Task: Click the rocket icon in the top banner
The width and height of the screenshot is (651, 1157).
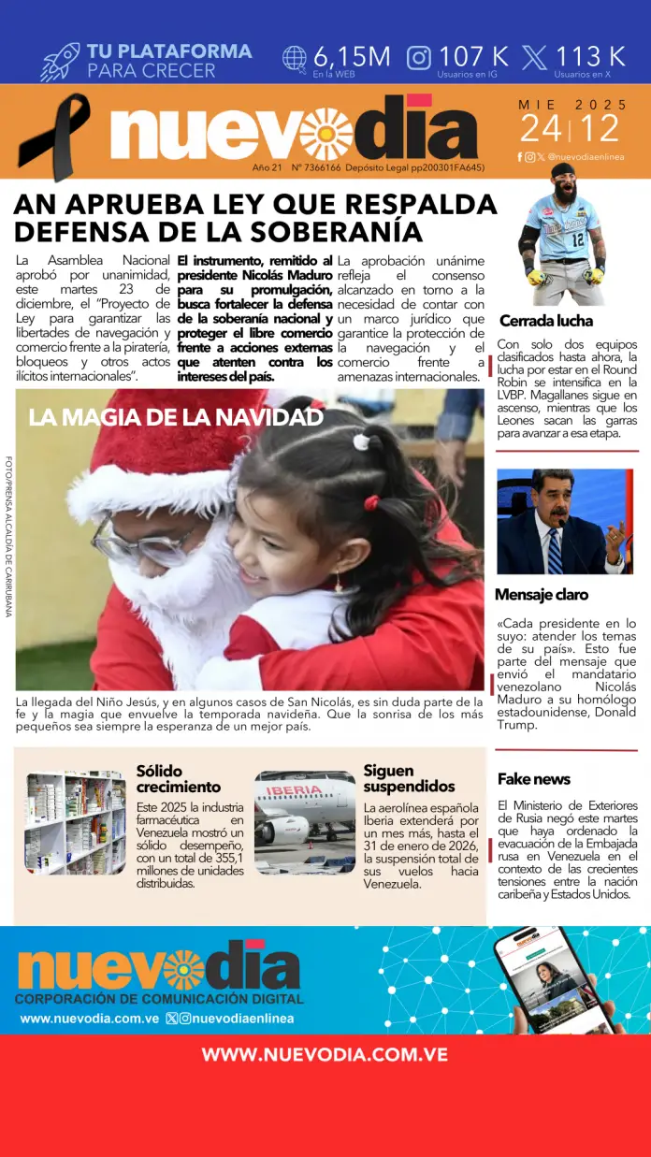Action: (x=60, y=62)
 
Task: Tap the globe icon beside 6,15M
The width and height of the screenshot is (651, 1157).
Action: (x=295, y=58)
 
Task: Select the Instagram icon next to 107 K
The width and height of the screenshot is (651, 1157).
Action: (x=419, y=58)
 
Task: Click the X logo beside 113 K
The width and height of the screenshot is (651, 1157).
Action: (x=535, y=58)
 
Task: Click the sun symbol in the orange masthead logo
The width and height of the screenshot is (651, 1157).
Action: (x=325, y=134)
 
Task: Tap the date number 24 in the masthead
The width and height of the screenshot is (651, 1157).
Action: (x=542, y=128)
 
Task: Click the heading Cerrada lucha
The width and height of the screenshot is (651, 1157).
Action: (x=546, y=321)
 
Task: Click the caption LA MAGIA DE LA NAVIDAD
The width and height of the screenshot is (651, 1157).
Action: (x=176, y=417)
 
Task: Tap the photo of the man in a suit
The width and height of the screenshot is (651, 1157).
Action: (x=564, y=521)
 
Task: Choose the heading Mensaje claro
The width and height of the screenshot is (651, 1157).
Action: (x=542, y=595)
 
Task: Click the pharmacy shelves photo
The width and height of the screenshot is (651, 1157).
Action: (x=75, y=822)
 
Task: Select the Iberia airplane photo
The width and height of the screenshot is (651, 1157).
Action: (x=304, y=822)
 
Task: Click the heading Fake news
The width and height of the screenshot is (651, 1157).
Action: (x=533, y=779)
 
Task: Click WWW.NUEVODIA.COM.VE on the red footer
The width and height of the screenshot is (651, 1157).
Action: (x=325, y=1055)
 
